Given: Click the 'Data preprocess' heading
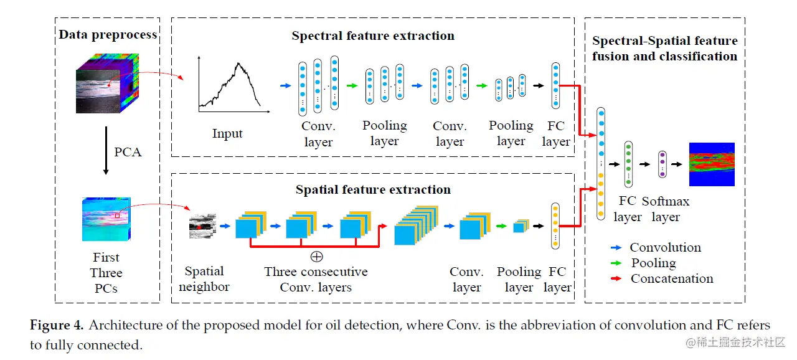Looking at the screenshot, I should [x=108, y=35].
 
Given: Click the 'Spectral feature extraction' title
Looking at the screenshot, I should [x=373, y=36].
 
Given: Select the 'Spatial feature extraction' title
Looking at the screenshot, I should [x=373, y=189].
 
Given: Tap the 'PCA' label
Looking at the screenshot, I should [x=128, y=152].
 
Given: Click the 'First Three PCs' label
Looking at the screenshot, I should [x=106, y=273].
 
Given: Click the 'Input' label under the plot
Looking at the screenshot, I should [x=227, y=134].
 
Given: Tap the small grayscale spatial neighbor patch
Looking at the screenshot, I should [x=202, y=227].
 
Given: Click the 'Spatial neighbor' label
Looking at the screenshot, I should [x=204, y=279].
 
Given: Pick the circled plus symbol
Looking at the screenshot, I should [x=317, y=257].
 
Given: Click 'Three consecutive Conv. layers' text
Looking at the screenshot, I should [x=316, y=280].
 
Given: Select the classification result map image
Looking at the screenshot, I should [x=712, y=164].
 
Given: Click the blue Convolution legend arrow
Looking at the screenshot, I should [x=617, y=248].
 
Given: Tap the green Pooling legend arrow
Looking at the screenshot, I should [x=617, y=263].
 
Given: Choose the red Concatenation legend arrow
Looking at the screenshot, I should [x=617, y=279].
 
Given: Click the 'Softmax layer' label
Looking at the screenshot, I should [x=666, y=209].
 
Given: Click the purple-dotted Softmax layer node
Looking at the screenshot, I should [x=662, y=164].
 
